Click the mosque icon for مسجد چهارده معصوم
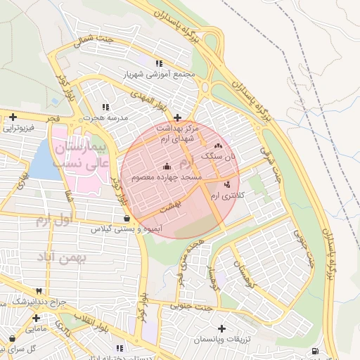tap(167, 166)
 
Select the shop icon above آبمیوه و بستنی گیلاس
tap(126, 218)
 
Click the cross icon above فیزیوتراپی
tap(13, 117)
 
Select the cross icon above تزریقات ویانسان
tap(222, 328)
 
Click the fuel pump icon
tap(314, 351)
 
